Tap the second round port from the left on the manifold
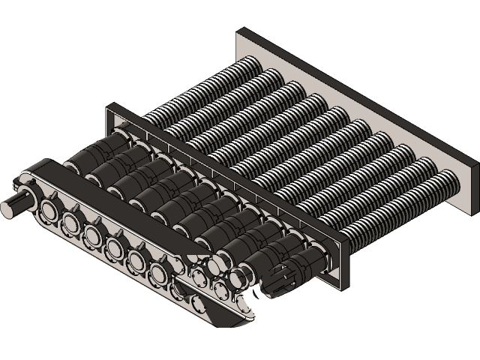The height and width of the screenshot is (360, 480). pos(72,222)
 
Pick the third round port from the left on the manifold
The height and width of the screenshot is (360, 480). pos(93,234)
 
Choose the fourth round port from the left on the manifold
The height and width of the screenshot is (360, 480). pos(115,247)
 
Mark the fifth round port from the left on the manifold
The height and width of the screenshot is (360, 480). pos(136,259)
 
